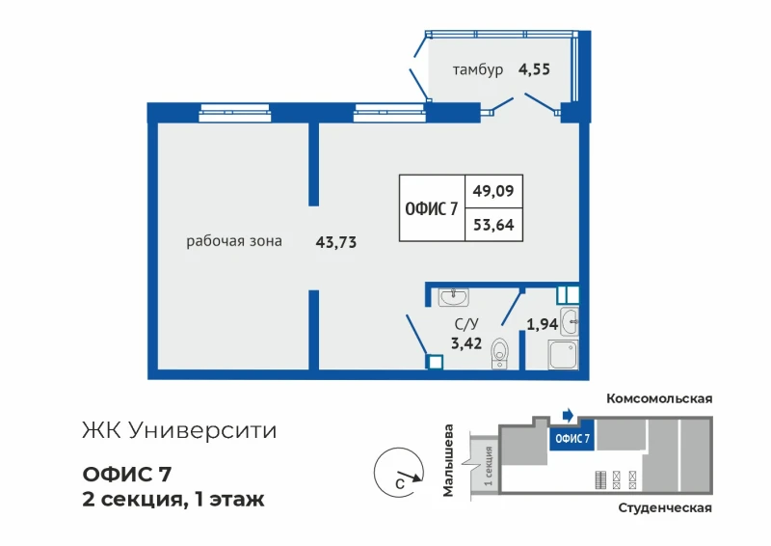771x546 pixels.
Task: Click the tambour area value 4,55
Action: (x=534, y=69)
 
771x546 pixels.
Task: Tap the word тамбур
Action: (x=478, y=69)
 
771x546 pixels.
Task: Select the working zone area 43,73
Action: (x=335, y=242)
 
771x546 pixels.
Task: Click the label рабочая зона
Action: (x=234, y=241)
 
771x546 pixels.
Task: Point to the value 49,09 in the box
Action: (x=493, y=191)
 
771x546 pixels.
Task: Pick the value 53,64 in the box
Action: (x=493, y=225)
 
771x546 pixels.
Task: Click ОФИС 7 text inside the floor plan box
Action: (x=431, y=208)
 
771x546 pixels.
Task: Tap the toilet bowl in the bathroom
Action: (x=500, y=353)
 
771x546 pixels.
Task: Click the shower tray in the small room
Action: (x=564, y=354)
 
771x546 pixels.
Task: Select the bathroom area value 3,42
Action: (x=466, y=343)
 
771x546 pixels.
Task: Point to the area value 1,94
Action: (x=542, y=324)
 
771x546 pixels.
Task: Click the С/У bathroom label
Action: (x=466, y=324)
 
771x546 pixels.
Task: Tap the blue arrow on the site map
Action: (x=569, y=415)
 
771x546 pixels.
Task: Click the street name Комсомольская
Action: (x=659, y=398)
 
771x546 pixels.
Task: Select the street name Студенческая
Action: (x=665, y=507)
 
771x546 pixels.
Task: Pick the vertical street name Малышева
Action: (x=448, y=460)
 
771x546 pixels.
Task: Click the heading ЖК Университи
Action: (x=179, y=431)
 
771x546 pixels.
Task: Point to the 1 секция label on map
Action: (x=489, y=465)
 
